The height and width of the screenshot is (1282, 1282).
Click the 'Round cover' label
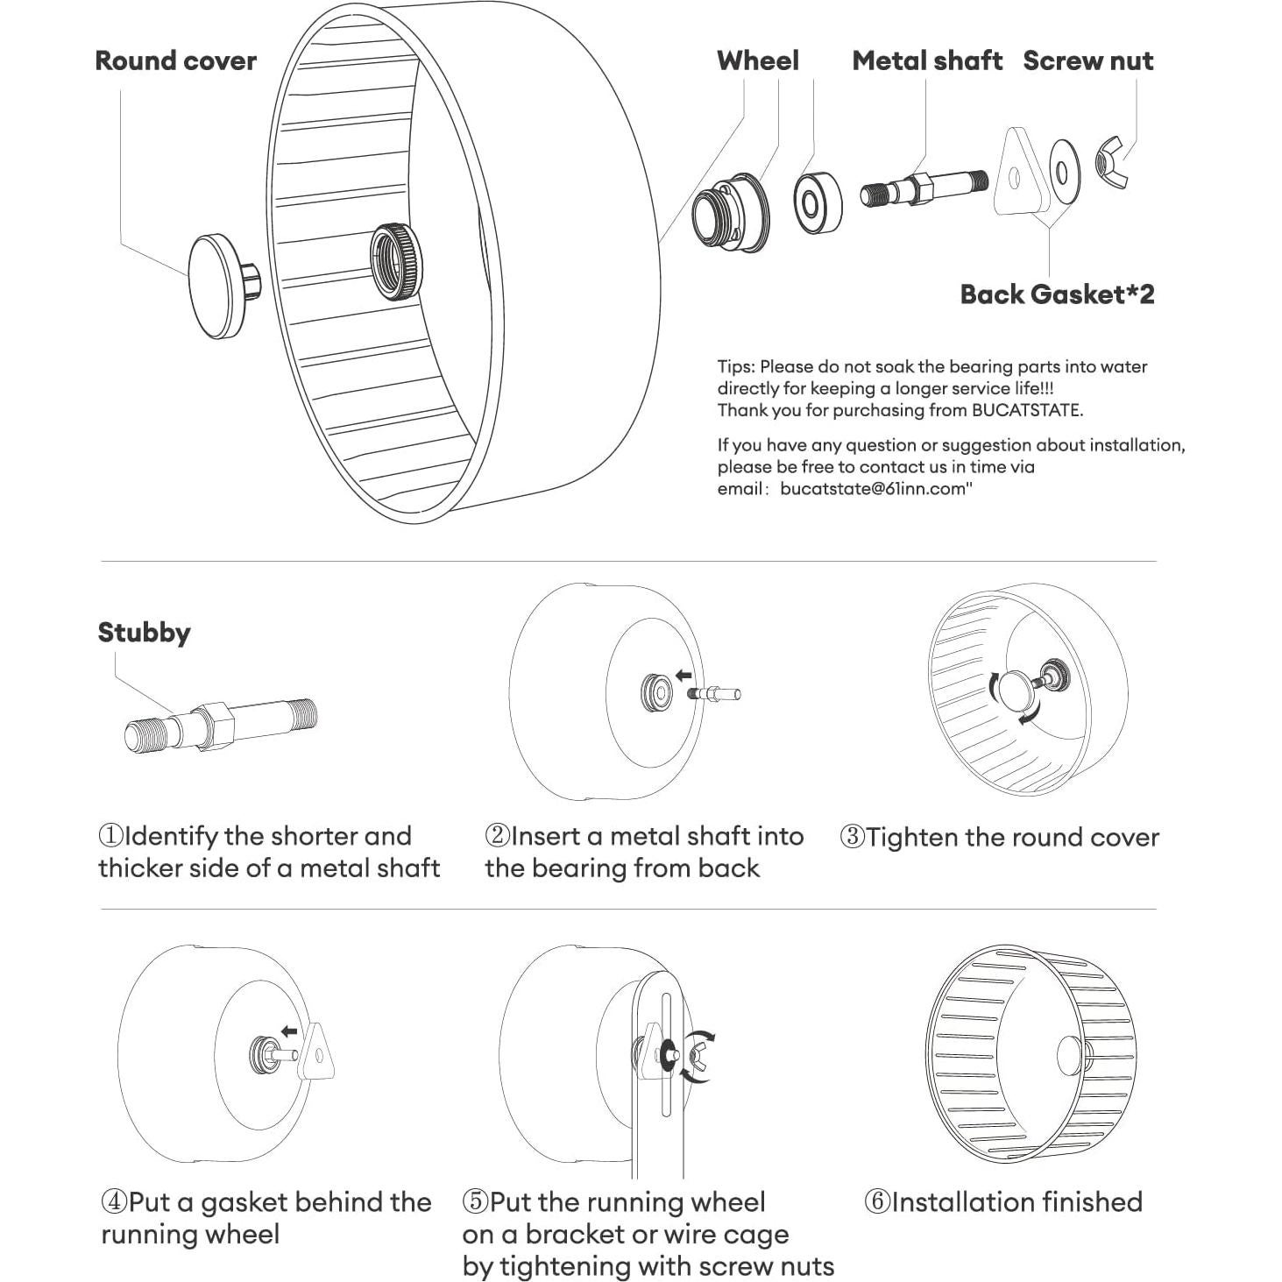(175, 61)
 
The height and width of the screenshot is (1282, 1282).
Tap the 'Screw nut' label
(1087, 61)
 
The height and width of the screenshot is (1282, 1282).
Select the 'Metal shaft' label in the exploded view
(926, 61)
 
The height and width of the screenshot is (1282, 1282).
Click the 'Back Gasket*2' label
(1057, 294)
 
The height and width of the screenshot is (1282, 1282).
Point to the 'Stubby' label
(144, 633)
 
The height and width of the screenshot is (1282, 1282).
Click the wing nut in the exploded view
(1110, 165)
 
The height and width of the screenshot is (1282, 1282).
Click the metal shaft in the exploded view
(925, 187)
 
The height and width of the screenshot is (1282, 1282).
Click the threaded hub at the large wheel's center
(396, 261)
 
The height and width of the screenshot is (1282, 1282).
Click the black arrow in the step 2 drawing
(683, 676)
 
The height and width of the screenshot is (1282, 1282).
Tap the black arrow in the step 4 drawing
(288, 1032)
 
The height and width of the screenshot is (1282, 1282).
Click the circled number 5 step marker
(474, 1201)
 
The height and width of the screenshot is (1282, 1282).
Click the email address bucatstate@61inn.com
(874, 489)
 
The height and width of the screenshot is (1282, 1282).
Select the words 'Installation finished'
(1016, 1201)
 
